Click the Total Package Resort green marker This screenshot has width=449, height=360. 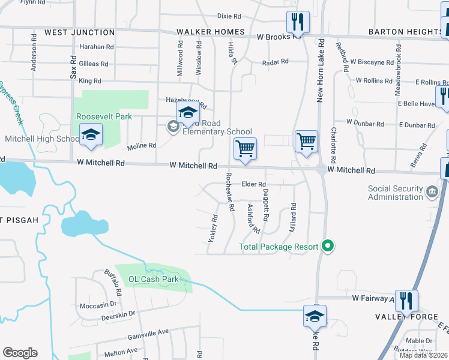[x=328, y=246]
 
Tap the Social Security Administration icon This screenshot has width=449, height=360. [x=432, y=193]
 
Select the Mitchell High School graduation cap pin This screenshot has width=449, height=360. [x=91, y=135]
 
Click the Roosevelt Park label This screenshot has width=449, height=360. [x=103, y=116]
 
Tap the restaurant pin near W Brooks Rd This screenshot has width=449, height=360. [x=298, y=23]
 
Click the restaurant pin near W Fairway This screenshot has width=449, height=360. [x=406, y=302]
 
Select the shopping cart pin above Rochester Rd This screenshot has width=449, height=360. [x=245, y=148]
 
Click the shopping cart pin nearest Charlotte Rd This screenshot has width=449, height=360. [x=306, y=142]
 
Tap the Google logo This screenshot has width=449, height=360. [x=20, y=353]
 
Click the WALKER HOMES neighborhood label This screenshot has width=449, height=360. [x=211, y=32]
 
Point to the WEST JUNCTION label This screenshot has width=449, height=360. [x=79, y=32]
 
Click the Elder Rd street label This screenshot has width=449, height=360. [x=254, y=185]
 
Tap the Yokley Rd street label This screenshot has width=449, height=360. [x=212, y=229]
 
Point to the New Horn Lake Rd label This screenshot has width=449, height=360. [x=321, y=70]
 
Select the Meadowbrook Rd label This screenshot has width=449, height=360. [x=397, y=69]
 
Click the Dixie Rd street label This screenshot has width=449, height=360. [x=229, y=16]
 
